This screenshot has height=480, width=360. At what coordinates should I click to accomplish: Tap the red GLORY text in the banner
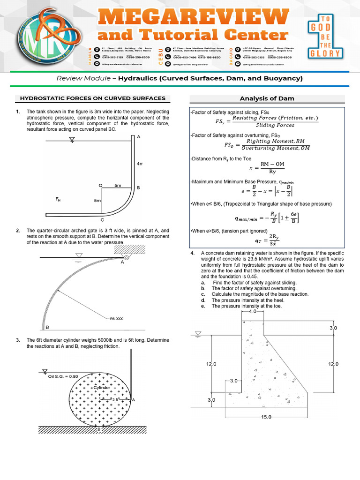click(x=324, y=53)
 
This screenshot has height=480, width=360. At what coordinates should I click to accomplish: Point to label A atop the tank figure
click(x=139, y=136)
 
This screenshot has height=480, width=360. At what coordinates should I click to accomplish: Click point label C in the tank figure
click(x=102, y=219)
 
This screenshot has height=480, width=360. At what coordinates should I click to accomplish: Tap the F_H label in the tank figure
click(x=58, y=199)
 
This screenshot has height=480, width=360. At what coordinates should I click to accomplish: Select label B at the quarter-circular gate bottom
click(x=47, y=327)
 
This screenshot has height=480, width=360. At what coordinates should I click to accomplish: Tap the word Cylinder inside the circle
click(x=102, y=388)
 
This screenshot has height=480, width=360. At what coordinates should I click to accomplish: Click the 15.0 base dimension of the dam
click(x=265, y=417)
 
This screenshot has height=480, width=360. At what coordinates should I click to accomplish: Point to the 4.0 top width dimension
click(x=253, y=311)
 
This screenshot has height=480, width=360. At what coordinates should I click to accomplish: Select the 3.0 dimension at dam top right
click(x=333, y=328)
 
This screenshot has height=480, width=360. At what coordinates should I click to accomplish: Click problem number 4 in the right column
click(x=192, y=253)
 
